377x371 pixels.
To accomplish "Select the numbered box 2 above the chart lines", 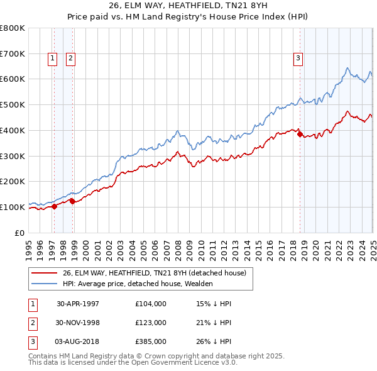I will [70, 58].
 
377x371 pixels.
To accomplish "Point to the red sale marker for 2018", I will [300, 134].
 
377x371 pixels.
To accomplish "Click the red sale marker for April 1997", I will [55, 206].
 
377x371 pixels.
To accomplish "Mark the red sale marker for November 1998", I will [73, 201].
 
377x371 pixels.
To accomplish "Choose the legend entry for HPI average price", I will [138, 284].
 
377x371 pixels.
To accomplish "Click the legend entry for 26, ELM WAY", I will [157, 273].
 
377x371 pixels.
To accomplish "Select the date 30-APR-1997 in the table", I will [78, 304].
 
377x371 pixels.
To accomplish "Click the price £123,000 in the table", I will [151, 323].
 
